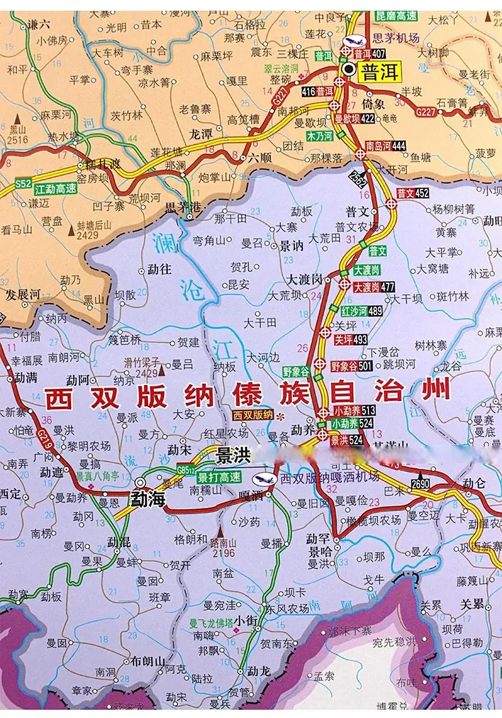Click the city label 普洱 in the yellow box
click(x=380, y=72)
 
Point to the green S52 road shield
click(x=23, y=183)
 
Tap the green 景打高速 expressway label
click(x=219, y=477)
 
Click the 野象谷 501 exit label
click(x=351, y=366)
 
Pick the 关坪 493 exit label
click(x=351, y=339)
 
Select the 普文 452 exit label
click(x=413, y=194)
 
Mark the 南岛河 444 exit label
click(x=386, y=146)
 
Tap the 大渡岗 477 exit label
click(x=374, y=287)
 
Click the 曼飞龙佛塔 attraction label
click(x=210, y=623)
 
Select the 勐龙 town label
click(x=259, y=671)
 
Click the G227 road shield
click(x=426, y=113)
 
